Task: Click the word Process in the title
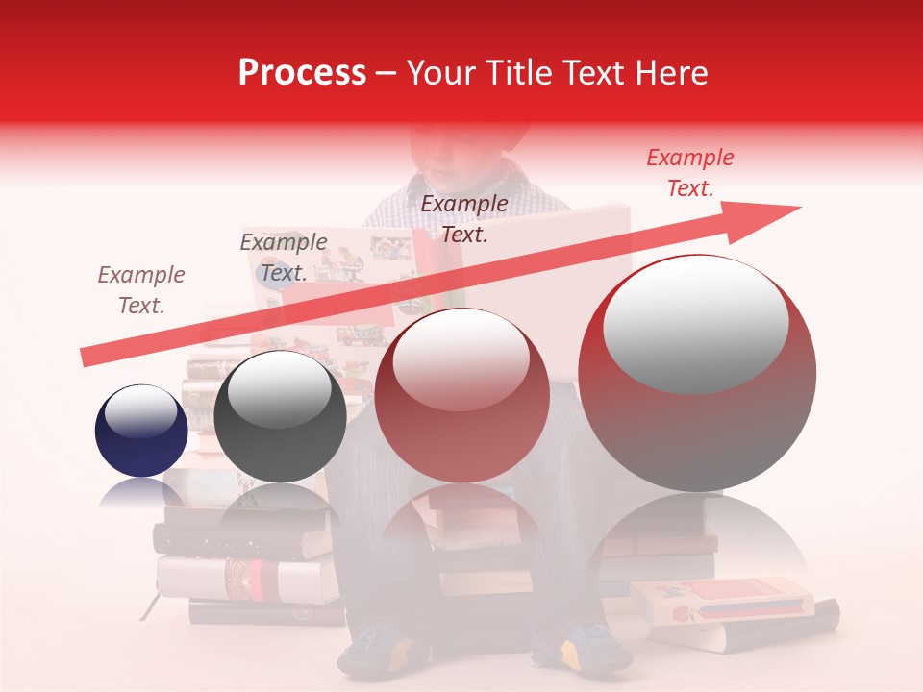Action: [302, 73]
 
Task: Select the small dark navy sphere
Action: [141, 432]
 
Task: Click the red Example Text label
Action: [690, 173]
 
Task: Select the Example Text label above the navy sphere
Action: [141, 289]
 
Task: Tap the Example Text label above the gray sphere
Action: [283, 257]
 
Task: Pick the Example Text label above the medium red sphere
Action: [464, 218]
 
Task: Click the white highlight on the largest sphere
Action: [695, 325]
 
